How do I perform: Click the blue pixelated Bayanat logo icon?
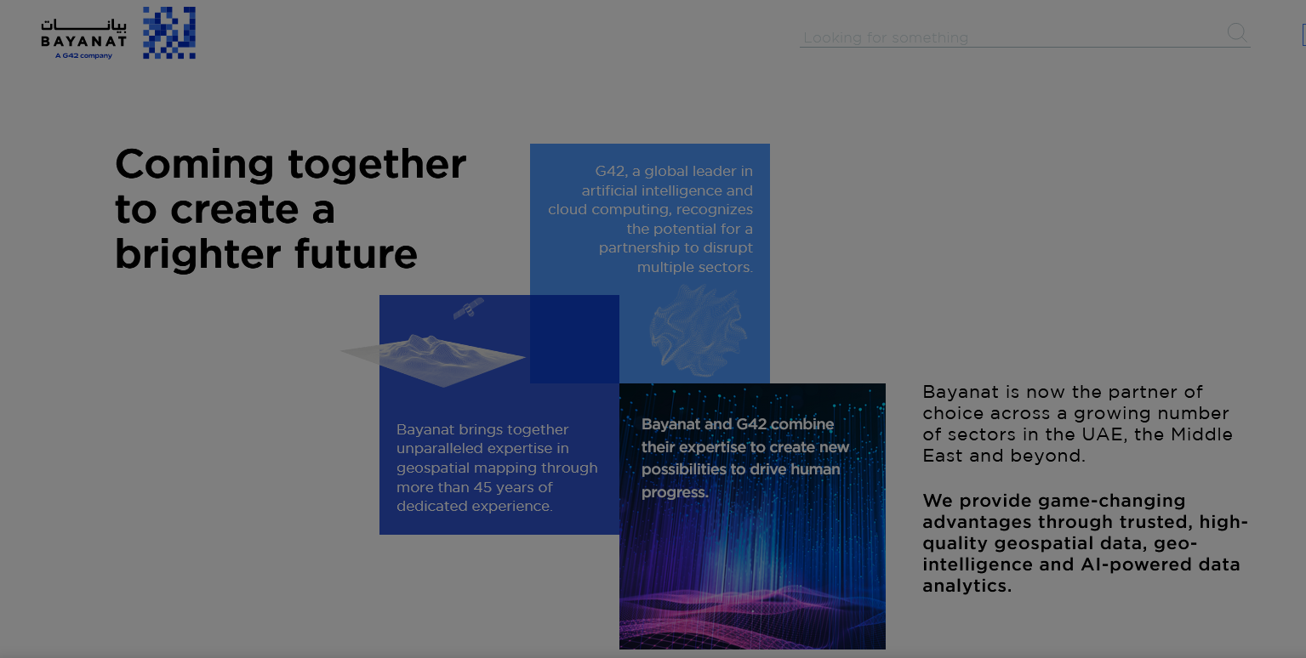tap(169, 32)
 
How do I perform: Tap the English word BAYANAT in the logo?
tap(84, 42)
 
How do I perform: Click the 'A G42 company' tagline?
tap(83, 56)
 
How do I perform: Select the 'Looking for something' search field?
tap(1013, 38)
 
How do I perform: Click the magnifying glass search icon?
tap(1237, 32)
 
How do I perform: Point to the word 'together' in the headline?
tap(377, 165)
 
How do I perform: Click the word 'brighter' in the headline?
tap(198, 254)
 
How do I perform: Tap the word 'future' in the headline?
tap(356, 254)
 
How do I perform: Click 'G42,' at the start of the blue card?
tap(610, 172)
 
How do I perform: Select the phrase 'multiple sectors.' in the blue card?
tap(694, 268)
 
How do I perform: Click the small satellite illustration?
tap(469, 308)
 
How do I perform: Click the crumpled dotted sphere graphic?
tap(698, 331)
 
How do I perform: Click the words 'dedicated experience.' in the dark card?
tap(474, 507)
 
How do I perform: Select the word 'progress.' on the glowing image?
tap(675, 492)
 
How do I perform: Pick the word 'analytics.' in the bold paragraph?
tap(967, 586)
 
